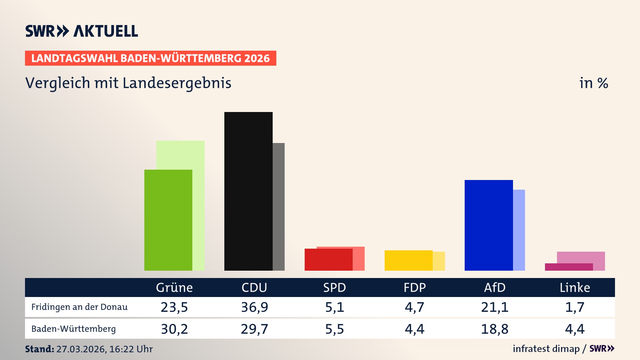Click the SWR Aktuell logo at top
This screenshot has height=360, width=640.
(81, 31)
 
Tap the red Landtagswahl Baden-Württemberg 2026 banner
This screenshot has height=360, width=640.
(150, 58)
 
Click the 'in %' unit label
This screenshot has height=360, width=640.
(593, 83)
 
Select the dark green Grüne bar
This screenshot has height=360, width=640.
(168, 220)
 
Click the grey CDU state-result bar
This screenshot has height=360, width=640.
(279, 207)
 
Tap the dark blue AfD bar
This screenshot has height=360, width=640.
(488, 225)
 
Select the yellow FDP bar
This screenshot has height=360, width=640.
(408, 260)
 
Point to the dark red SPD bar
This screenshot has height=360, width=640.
(328, 260)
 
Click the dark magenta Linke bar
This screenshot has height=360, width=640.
(569, 267)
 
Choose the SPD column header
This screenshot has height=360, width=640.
(334, 288)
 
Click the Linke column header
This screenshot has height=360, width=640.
(575, 288)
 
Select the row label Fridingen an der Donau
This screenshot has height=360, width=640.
(79, 307)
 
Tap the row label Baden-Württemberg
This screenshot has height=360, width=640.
(73, 329)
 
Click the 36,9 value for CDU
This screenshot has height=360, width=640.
(254, 307)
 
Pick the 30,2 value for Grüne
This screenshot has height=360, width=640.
(174, 329)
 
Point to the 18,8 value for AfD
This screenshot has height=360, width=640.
(495, 329)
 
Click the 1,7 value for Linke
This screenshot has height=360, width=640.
(575, 307)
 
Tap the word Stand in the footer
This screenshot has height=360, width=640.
(39, 349)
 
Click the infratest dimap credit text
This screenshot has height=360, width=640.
(546, 349)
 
